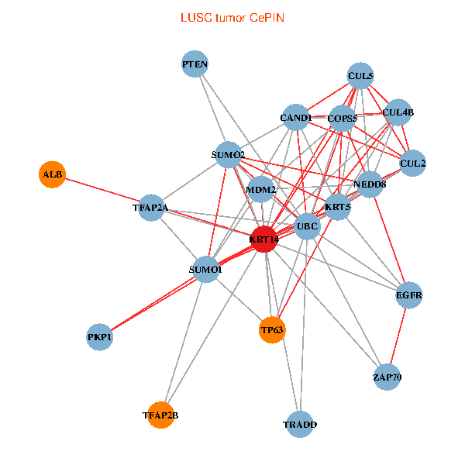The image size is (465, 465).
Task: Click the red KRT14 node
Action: click(x=265, y=239)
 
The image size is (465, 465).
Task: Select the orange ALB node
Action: click(x=52, y=174)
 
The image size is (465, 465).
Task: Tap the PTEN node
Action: click(x=195, y=64)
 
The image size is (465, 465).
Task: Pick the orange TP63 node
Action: click(x=272, y=330)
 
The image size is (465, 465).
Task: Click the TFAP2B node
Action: click(x=160, y=415)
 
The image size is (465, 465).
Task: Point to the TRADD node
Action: click(x=300, y=424)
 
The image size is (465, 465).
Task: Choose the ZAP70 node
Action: click(x=387, y=377)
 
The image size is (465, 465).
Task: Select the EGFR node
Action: click(x=408, y=295)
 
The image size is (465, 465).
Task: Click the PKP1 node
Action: click(x=99, y=337)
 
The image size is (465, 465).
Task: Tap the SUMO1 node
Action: click(x=205, y=269)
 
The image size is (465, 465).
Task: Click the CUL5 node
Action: click(x=360, y=76)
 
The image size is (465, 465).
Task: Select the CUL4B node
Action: click(x=398, y=112)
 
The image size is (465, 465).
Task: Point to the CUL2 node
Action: click(x=413, y=164)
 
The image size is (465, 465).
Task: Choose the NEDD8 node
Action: click(x=370, y=184)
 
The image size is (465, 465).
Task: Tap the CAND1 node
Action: click(x=295, y=118)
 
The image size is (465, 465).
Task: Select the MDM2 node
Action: click(x=261, y=190)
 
